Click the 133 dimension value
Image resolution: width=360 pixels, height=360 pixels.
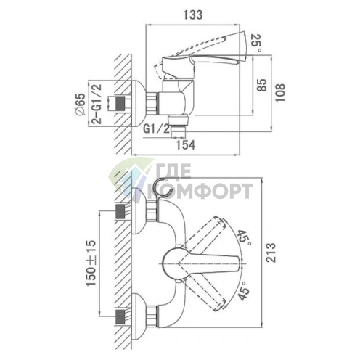click(x=192, y=15)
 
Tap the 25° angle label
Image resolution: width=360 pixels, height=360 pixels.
click(x=256, y=43)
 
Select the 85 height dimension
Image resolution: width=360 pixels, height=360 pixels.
click(x=261, y=85)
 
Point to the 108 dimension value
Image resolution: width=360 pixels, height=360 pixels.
click(x=280, y=93)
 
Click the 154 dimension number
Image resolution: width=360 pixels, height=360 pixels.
click(x=185, y=145)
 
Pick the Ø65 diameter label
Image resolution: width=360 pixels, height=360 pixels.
click(x=80, y=104)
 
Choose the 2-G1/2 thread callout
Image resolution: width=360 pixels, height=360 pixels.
click(x=97, y=104)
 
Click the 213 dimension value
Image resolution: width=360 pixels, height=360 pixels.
click(x=271, y=253)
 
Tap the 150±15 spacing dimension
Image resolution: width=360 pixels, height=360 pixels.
click(x=91, y=263)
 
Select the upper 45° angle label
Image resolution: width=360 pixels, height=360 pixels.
click(x=244, y=238)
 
